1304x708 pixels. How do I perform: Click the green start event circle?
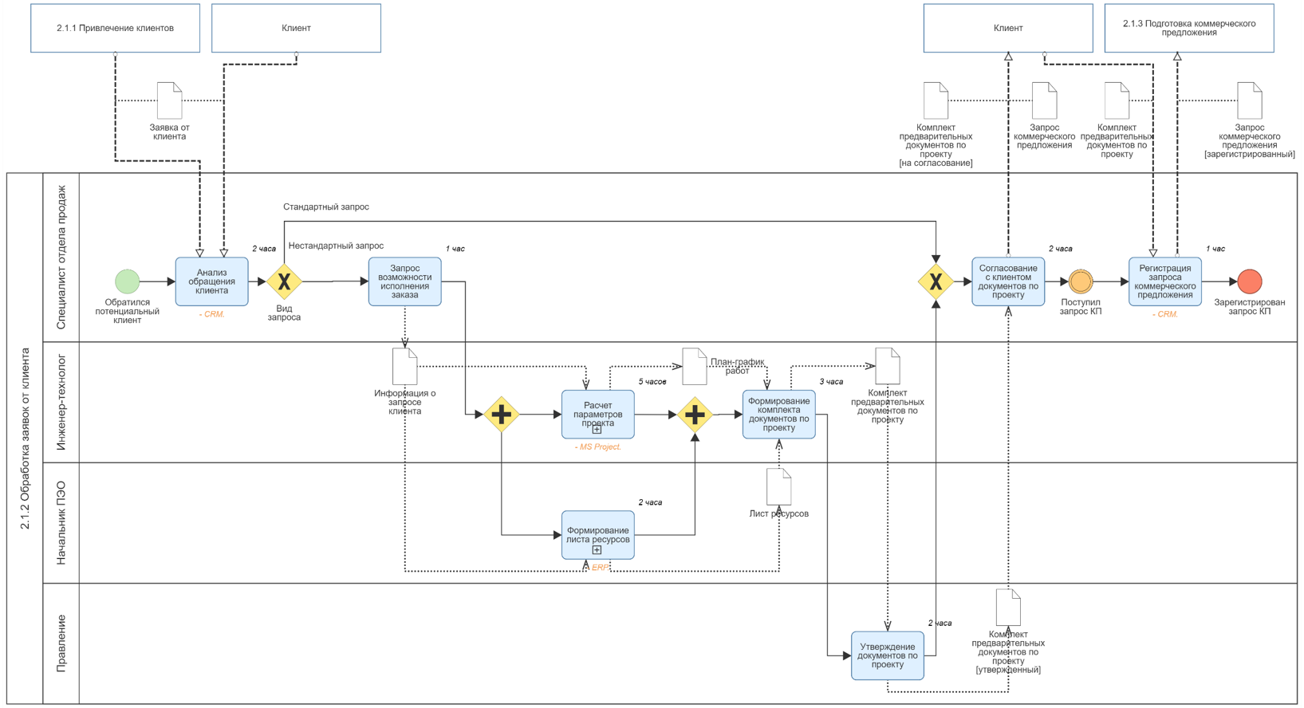[127, 281]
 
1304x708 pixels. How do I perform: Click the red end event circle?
[1249, 281]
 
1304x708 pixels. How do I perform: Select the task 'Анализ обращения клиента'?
[212, 281]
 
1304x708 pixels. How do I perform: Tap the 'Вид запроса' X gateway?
[284, 281]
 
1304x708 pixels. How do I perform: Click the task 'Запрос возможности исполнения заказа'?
[404, 281]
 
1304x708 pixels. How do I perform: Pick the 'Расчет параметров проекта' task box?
[598, 415]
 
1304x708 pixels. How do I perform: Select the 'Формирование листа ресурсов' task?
[598, 535]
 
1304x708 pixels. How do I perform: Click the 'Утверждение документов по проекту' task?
[887, 655]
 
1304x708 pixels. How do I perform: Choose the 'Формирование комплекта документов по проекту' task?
[779, 415]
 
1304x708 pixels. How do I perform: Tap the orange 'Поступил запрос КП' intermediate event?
[1081, 281]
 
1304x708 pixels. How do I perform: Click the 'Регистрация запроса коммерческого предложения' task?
[1165, 281]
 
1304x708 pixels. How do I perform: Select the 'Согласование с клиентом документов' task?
[1008, 281]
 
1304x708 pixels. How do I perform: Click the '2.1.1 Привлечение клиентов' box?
[116, 28]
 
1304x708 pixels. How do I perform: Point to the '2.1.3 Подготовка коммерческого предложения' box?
[1189, 28]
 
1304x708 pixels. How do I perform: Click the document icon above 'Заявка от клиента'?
[169, 100]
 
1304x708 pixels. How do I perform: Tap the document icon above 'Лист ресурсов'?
[779, 487]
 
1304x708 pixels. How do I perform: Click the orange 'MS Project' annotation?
[598, 446]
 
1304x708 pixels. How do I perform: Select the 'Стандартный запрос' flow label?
[326, 206]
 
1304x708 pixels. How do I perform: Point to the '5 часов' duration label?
[652, 382]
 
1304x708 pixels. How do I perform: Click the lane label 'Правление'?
[61, 643]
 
